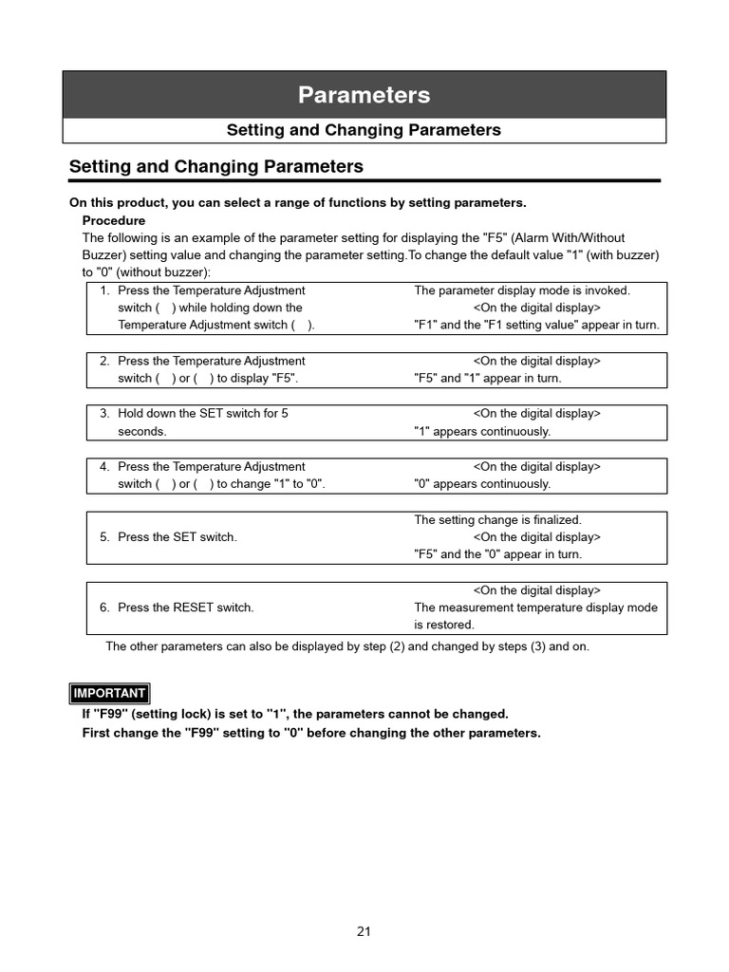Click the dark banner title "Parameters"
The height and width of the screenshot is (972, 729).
[x=364, y=95]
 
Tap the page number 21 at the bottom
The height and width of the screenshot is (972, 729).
[x=364, y=931]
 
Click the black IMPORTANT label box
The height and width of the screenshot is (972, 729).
[x=109, y=693]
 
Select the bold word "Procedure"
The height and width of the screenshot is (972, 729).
[x=114, y=220]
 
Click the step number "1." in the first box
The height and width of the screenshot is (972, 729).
[x=105, y=290]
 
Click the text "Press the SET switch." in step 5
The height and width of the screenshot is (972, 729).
[x=177, y=537]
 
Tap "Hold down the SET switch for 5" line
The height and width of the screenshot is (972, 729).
[x=202, y=414]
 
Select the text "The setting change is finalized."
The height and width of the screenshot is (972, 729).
[x=497, y=520]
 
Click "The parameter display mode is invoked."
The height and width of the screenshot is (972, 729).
[x=521, y=290]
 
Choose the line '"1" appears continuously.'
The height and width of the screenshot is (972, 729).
[x=481, y=431]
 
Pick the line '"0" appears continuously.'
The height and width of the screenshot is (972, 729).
[x=481, y=484]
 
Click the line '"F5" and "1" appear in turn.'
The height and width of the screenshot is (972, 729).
[x=487, y=378]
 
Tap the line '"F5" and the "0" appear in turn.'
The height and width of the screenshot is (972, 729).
[x=497, y=554]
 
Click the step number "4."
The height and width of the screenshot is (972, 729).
[x=105, y=467]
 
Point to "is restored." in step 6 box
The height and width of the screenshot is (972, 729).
[x=443, y=625]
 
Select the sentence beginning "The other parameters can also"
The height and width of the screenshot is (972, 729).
[x=352, y=646]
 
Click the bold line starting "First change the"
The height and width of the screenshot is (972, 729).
[x=311, y=733]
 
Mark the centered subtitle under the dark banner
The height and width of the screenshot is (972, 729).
[x=364, y=130]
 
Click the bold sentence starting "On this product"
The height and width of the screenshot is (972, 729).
[x=297, y=202]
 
